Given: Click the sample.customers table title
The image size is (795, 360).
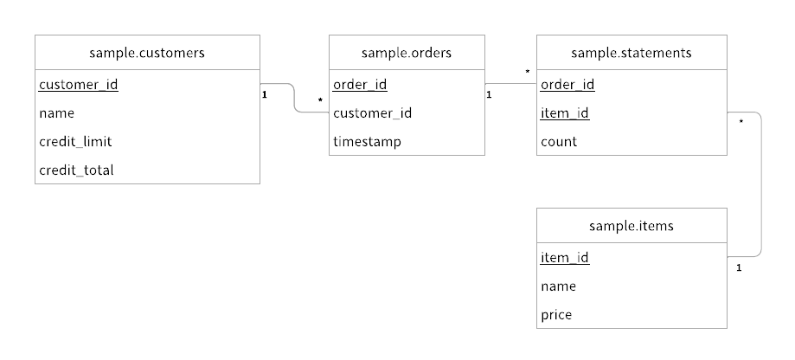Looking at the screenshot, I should coord(147,53).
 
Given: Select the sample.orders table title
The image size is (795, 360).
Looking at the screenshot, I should coord(407,53).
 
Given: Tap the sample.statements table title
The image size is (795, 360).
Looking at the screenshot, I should coord(632,53).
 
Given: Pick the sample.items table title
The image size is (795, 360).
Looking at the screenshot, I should coord(632,226).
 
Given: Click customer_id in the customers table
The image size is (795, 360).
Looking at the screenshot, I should coord(79,85).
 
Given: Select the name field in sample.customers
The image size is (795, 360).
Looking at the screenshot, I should coord(57,113).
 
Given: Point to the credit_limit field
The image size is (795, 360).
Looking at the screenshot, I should coord(75,142).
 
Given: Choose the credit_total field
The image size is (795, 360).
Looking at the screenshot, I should coord(76,170).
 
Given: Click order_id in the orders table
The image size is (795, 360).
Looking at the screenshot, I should coord(360,85).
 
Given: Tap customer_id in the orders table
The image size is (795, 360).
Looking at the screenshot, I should coord(372,113).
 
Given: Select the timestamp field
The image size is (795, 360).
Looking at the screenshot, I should coord(367,142).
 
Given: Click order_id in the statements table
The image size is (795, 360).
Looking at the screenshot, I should coord(567,85).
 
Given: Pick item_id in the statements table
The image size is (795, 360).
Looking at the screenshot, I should coord(565,113).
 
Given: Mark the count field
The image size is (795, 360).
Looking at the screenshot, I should coord(559,142).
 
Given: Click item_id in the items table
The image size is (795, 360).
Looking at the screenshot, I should coord(565,258).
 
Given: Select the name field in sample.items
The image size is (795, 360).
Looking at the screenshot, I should coord(559,286).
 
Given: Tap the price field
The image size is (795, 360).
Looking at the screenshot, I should coord(556,315).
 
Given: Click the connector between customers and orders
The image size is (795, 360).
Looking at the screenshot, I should coord(295,98).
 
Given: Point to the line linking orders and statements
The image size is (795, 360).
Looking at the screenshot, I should coord(510,84).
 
